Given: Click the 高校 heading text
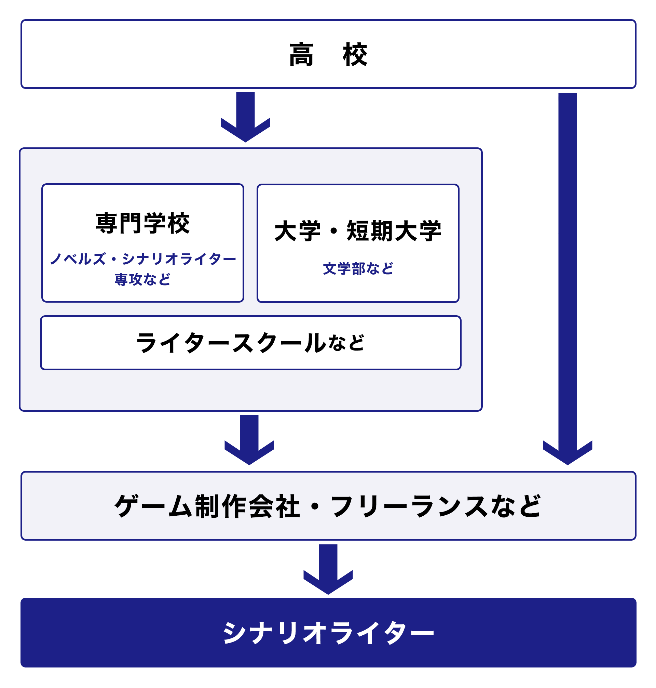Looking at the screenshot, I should [x=328, y=55].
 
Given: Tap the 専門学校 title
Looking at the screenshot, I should [x=143, y=223].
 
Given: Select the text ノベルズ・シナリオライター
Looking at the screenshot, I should [x=143, y=259].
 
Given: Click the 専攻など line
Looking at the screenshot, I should [x=143, y=279].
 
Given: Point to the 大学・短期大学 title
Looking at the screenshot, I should [x=358, y=231].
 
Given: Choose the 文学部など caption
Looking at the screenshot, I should [x=358, y=269].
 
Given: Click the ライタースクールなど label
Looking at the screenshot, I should [x=250, y=343].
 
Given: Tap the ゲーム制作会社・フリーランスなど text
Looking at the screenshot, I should [x=328, y=506].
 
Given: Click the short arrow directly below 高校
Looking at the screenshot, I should [x=245, y=117].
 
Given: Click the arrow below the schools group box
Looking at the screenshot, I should [x=249, y=440].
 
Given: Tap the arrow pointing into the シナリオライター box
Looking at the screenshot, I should [x=328, y=569].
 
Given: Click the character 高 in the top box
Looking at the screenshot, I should [x=301, y=55].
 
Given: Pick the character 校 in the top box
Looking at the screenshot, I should [x=355, y=55].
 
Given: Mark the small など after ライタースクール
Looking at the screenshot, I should [x=346, y=343].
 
